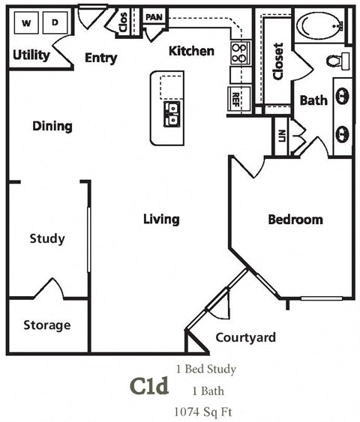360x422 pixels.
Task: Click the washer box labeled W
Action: (x=26, y=23)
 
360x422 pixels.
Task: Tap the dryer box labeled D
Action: (x=55, y=23)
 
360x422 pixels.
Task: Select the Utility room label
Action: (x=31, y=55)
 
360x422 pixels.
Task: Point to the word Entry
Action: (x=100, y=58)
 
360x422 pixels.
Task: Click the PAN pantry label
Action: (x=154, y=16)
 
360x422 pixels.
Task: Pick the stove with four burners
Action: (x=239, y=52)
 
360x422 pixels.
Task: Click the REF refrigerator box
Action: (x=235, y=97)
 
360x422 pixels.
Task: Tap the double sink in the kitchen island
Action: (x=172, y=114)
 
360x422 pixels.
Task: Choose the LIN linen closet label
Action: (x=281, y=136)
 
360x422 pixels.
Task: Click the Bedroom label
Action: (x=295, y=220)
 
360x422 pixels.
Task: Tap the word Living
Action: (x=162, y=219)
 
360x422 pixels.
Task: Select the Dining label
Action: (x=52, y=126)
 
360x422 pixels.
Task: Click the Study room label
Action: (x=47, y=239)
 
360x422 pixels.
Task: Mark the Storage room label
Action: (x=46, y=325)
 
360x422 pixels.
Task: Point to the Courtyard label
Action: (x=245, y=337)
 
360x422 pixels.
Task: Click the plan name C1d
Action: (x=149, y=387)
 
